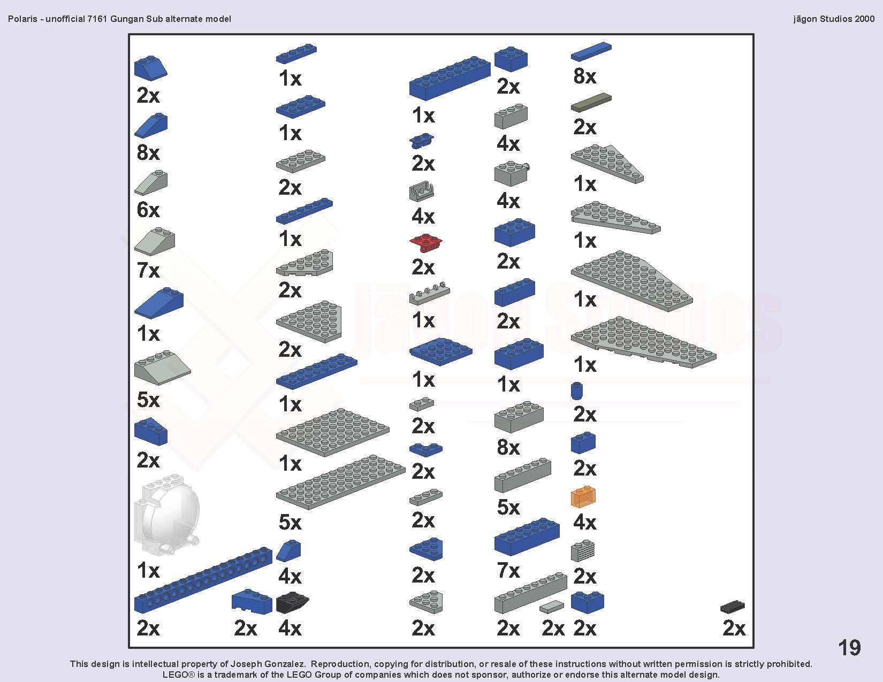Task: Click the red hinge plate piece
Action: pos(425,243)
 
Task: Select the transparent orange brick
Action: pos(583,496)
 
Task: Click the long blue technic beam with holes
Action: pos(203,580)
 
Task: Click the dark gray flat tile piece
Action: pos(591,102)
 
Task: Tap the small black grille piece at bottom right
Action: pos(732,607)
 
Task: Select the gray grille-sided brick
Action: pos(583,550)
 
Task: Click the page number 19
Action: pos(849,647)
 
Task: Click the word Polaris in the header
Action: pos(23,19)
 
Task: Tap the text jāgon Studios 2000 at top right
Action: pos(834,19)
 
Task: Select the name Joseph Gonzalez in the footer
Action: pos(268,664)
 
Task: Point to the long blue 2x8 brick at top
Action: pos(450,78)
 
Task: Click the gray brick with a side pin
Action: pos(512,173)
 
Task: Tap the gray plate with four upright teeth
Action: pos(430,294)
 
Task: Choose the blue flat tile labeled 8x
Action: pos(591,51)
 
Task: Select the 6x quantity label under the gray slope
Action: pos(148,210)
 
